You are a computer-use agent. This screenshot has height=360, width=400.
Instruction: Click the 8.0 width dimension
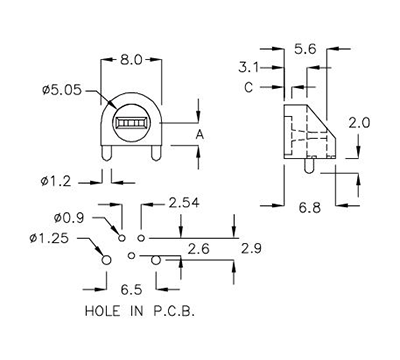[x=130, y=59]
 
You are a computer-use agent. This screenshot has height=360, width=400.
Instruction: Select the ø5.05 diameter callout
[x=62, y=91]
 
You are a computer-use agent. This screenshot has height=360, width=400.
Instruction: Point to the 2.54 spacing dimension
[x=184, y=203]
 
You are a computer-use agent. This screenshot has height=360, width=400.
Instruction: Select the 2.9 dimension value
[x=251, y=247]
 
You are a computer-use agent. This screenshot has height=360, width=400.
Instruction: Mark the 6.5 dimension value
[x=130, y=290]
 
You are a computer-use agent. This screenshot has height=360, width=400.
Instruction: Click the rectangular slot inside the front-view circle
[x=130, y=125]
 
